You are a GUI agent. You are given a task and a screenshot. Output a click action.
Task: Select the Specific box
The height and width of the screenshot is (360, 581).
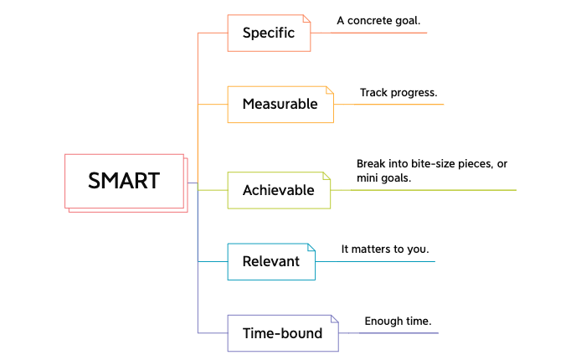click(269, 33)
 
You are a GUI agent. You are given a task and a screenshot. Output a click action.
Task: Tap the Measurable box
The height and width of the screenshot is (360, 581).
click(280, 105)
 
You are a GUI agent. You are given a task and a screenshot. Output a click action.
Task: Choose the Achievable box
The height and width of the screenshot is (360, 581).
click(278, 190)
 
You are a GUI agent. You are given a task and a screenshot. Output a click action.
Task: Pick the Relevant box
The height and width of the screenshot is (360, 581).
click(270, 261)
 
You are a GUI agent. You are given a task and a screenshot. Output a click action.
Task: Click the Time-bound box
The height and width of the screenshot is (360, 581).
click(282, 333)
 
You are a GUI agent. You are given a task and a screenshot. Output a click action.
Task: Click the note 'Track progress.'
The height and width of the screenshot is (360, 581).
click(398, 92)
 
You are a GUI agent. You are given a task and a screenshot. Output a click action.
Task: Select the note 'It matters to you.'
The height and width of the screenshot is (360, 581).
click(384, 249)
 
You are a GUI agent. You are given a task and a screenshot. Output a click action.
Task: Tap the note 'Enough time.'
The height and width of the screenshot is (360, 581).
click(398, 321)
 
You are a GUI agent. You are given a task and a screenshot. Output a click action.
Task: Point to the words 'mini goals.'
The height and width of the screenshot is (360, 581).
click(384, 177)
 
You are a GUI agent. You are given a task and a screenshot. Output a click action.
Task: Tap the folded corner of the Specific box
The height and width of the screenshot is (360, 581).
click(306, 19)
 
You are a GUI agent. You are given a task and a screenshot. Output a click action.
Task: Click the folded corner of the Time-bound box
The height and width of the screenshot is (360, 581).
click(334, 319)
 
